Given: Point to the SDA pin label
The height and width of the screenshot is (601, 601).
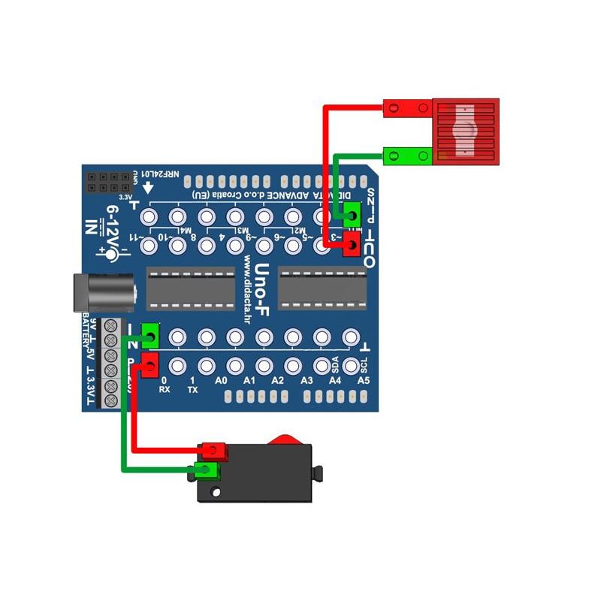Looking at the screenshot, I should point(335,365).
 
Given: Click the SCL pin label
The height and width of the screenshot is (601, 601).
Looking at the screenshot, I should point(364,365).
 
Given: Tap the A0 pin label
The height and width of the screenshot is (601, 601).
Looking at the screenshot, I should point(221,382).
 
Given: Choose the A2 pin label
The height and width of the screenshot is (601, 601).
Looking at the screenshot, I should point(278,382).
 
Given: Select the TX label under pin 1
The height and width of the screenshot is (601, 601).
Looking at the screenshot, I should point(192,390).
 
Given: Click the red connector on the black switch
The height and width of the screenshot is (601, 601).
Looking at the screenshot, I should point(214,451).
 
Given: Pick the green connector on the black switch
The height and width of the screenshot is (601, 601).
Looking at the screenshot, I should point(206,471).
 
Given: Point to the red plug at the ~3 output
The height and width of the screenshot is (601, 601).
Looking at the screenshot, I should point(350,245).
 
